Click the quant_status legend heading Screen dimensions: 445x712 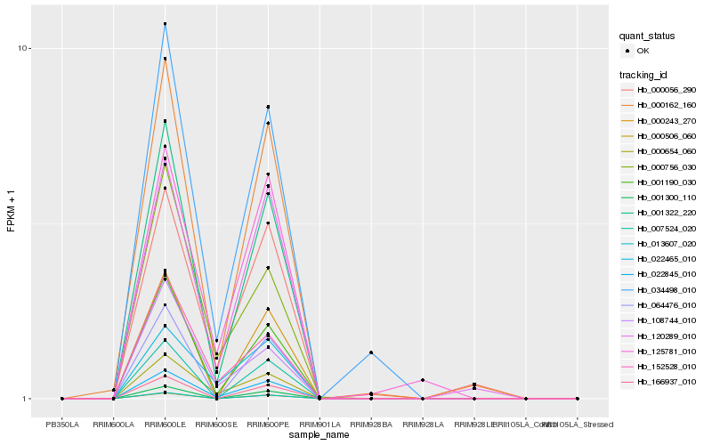(647, 36)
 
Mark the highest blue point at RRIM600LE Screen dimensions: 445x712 (166, 24)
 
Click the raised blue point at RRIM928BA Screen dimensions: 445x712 (371, 353)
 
